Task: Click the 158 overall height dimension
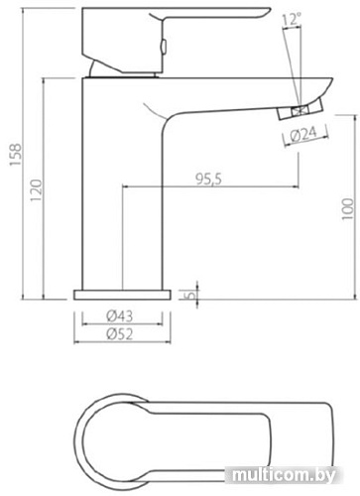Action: tap(15, 155)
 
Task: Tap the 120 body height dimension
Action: tap(37, 189)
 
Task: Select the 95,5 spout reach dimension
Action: tap(209, 179)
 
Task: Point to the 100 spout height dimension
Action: tap(347, 209)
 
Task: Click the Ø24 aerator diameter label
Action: tap(303, 135)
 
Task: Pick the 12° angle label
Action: tap(292, 19)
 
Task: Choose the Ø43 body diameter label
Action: tap(119, 315)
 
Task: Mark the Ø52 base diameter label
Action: tap(119, 334)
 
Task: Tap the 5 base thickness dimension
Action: tap(190, 295)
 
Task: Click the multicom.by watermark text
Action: tap(284, 475)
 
